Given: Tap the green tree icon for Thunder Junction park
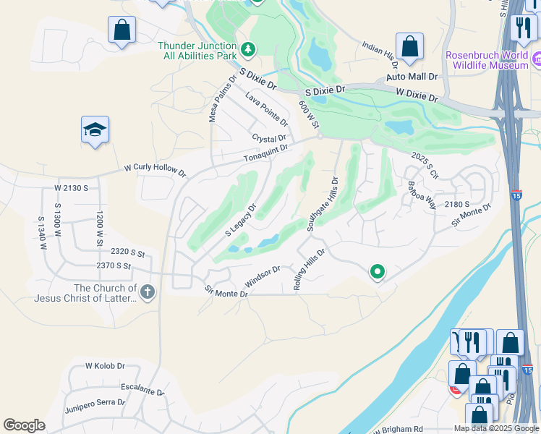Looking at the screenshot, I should [249, 49].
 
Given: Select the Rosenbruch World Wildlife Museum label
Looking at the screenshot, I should [487, 60].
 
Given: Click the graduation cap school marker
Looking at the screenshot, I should [95, 130].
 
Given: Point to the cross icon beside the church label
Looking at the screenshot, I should [148, 293].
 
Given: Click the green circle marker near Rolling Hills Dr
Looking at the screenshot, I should [377, 272].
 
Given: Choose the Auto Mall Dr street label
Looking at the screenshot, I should [412, 76].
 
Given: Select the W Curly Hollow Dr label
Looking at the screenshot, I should [155, 170].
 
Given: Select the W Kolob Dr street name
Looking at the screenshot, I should [106, 367].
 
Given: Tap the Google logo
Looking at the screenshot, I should [24, 425].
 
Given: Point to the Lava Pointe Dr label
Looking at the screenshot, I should [266, 108].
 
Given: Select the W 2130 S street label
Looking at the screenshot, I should [71, 188].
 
